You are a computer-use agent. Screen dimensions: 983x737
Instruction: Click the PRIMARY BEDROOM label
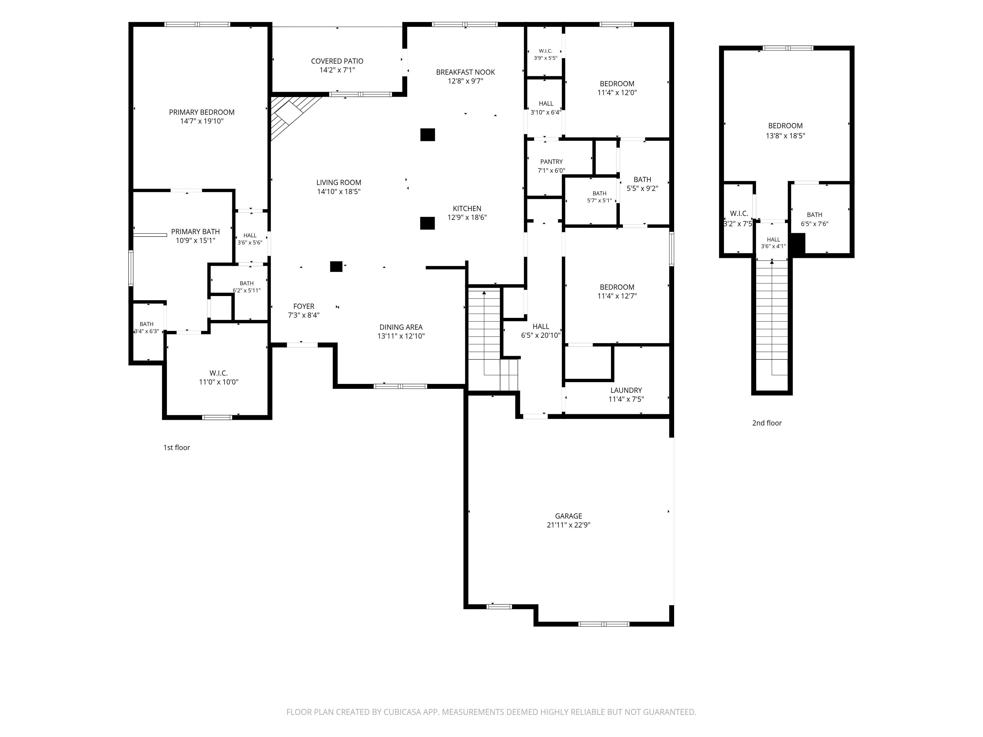point(202,113)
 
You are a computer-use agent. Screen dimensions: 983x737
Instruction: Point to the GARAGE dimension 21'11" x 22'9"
point(568,525)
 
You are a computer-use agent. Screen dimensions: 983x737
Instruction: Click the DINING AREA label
point(401,327)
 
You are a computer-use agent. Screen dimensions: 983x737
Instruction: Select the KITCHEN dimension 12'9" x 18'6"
point(467,218)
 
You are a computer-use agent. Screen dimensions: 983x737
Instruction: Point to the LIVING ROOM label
point(339,183)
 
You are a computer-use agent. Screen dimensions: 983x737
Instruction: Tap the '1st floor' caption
point(176,448)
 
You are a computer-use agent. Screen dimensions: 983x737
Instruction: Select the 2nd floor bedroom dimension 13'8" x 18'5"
point(785,136)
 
